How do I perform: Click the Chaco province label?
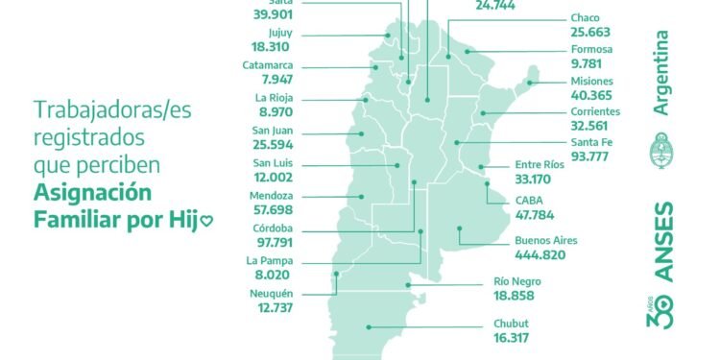click(585, 18)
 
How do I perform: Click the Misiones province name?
click(592, 82)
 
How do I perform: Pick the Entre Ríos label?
click(540, 164)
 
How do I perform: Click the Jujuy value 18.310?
click(269, 45)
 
